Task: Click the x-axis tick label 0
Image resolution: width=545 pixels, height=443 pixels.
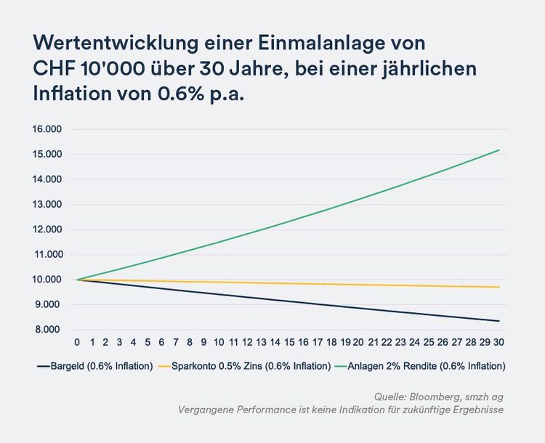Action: pyautogui.click(x=77, y=341)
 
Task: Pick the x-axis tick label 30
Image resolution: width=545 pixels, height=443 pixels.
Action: pyautogui.click(x=499, y=341)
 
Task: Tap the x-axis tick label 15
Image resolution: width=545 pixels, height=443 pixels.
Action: pyautogui.click(x=289, y=341)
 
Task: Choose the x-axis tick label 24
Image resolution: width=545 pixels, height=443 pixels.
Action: pyautogui.click(x=415, y=341)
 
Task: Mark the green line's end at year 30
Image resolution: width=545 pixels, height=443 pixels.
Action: pyautogui.click(x=499, y=150)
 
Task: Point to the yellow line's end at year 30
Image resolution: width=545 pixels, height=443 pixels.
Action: pyautogui.click(x=499, y=287)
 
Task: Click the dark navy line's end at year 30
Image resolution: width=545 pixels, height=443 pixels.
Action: pyautogui.click(x=499, y=321)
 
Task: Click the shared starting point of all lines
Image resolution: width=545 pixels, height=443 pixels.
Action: pyautogui.click(x=77, y=280)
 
